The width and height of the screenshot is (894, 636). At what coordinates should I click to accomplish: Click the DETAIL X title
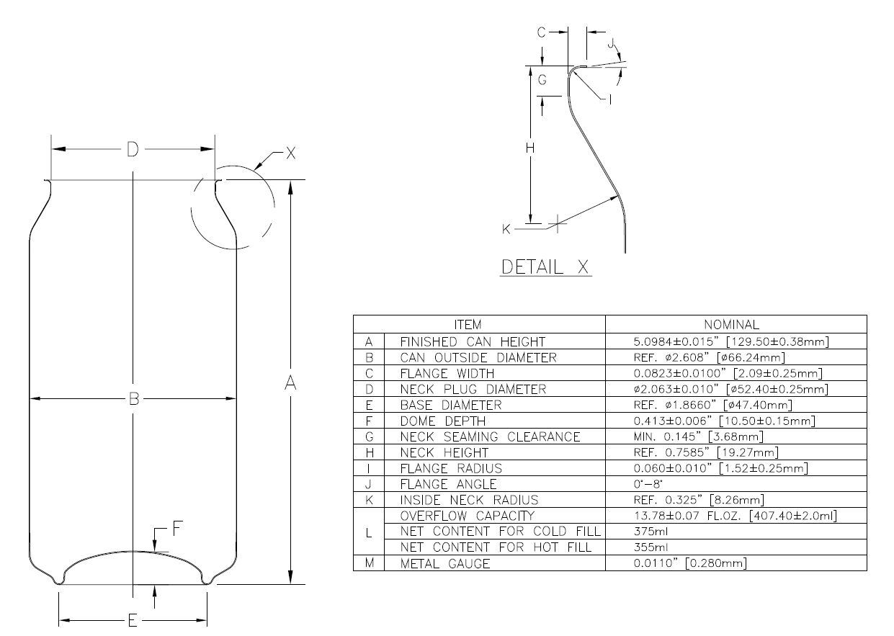(545, 267)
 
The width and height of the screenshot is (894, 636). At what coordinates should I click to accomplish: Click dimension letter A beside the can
(290, 382)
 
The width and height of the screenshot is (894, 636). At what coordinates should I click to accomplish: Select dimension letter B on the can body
(134, 398)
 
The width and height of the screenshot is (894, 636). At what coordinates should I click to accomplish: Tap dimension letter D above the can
(133, 149)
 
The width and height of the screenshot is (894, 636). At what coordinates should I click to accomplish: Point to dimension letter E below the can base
(133, 621)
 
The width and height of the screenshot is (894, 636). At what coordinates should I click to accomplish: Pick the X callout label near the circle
(291, 153)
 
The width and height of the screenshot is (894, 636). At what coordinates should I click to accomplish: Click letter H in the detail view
(530, 148)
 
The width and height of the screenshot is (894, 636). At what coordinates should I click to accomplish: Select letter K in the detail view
(506, 229)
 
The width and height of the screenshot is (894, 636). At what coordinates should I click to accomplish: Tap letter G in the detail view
(542, 80)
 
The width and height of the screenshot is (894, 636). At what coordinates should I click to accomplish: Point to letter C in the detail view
(541, 32)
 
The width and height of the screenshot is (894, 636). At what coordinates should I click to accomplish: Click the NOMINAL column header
(732, 325)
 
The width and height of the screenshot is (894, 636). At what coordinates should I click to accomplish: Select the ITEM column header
(468, 325)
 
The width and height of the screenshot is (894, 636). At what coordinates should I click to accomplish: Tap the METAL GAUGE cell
(445, 563)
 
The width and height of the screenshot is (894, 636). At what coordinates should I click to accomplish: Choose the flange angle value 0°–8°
(648, 484)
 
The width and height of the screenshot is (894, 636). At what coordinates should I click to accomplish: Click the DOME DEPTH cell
(443, 421)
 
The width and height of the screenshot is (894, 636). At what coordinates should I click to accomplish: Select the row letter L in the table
(369, 533)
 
